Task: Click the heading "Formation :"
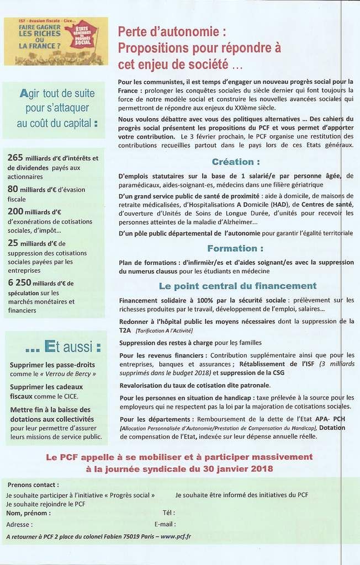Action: [x=235, y=248]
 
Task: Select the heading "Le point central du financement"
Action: [x=237, y=286]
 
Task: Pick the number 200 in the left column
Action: [x=16, y=211]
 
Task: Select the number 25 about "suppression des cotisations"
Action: [x=14, y=243]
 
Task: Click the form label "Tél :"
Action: [x=168, y=513]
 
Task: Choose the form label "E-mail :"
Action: [x=165, y=524]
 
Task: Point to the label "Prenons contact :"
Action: [x=31, y=484]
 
